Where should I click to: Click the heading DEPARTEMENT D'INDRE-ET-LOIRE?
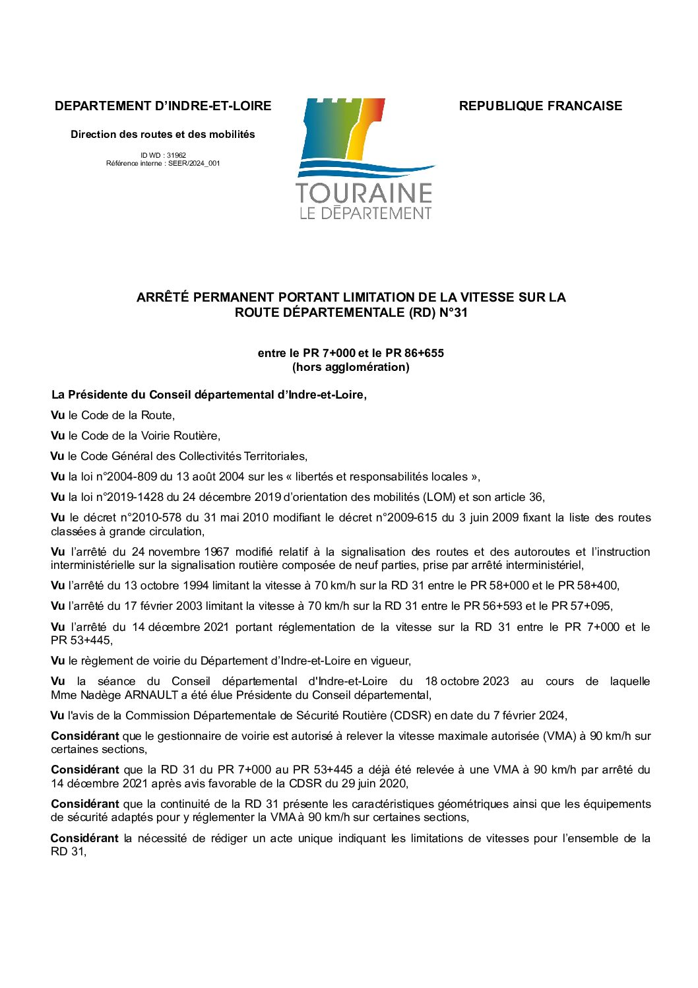163,106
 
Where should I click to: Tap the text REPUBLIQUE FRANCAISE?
540,106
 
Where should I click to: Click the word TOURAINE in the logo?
364,193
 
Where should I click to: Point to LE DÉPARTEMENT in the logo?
365,213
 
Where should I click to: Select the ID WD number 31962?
176,156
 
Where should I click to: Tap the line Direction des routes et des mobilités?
163,135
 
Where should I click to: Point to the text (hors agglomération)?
351,367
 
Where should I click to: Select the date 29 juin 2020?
375,783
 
